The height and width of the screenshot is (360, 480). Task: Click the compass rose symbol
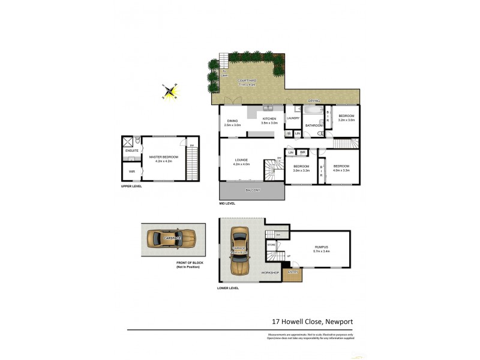171,91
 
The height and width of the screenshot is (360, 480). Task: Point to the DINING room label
232,122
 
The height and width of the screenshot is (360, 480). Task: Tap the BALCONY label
253,190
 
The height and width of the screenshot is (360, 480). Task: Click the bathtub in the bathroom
313,111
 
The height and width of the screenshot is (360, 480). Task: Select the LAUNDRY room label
293,118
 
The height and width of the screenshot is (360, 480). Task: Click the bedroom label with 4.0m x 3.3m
342,167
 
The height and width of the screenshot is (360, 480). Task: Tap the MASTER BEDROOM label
160,158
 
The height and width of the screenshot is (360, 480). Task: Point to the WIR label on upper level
132,172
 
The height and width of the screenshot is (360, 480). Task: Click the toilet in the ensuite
137,142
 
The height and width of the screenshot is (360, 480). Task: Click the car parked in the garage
240,250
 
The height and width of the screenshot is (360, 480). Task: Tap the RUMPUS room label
322,247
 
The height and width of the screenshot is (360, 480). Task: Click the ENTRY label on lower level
293,273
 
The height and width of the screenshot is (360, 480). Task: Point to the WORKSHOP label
270,273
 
